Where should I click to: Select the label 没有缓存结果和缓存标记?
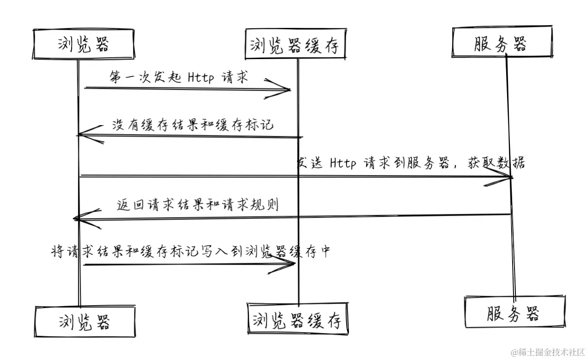click(192, 125)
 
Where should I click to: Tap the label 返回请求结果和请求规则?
click(197, 205)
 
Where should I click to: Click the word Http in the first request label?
click(200, 77)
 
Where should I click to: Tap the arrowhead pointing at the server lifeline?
click(507, 177)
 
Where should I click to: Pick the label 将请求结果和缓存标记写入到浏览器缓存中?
click(191, 251)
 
